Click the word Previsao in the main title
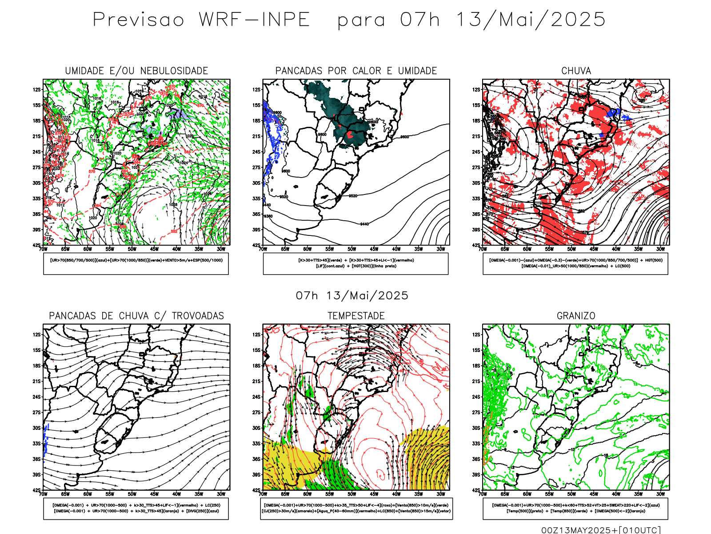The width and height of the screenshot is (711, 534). tap(138, 20)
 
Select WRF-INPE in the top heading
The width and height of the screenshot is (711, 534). tap(254, 20)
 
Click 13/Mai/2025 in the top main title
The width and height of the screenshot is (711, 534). tap(531, 20)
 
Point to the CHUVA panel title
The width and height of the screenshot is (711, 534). tap(576, 71)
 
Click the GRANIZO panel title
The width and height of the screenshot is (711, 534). tap(576, 316)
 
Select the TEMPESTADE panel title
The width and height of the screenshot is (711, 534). tap(356, 316)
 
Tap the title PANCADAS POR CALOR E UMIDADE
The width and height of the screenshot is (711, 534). tap(356, 71)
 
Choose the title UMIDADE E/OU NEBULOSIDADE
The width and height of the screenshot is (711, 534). tap(136, 71)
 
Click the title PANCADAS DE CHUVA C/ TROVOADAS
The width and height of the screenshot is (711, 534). tap(136, 316)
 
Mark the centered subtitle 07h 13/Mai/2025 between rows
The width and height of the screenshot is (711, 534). tap(352, 295)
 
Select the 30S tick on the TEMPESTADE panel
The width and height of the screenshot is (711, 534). tap(256, 428)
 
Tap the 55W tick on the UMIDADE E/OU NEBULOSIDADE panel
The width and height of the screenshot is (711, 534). tap(110, 249)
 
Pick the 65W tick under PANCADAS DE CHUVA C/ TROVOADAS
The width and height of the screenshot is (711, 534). tap(65, 494)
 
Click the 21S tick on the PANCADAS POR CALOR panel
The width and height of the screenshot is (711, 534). tap(256, 136)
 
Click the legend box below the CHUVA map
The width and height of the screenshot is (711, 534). tap(575, 263)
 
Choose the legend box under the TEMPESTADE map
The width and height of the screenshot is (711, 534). tap(356, 508)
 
